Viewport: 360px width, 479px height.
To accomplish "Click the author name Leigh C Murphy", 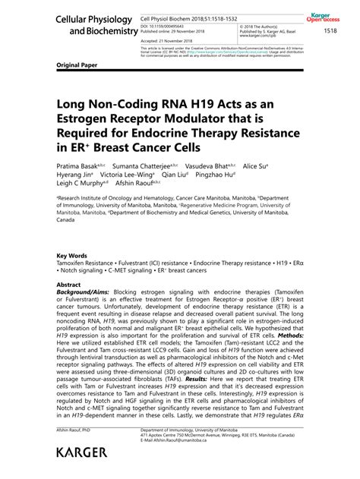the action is click(80, 182).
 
